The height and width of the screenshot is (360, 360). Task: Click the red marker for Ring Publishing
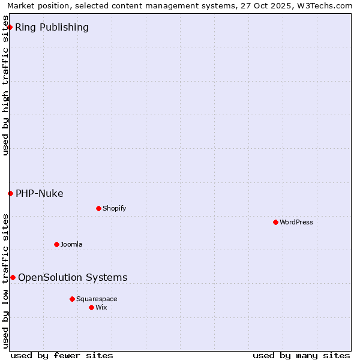point(10,27)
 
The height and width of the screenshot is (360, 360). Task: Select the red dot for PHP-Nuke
point(10,193)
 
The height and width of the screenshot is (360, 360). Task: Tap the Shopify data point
point(98,208)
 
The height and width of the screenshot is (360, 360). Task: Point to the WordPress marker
point(275,222)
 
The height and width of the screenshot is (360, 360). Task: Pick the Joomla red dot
point(56,244)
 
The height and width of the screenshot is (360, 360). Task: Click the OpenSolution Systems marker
point(13,277)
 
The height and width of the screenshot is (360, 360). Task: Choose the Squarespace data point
point(72,299)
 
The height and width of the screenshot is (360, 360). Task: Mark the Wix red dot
point(91,307)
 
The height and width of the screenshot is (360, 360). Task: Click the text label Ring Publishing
point(52,27)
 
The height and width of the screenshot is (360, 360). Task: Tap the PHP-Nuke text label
point(40,193)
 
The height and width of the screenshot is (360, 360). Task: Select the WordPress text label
point(296,222)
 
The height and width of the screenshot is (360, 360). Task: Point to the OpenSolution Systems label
point(73,277)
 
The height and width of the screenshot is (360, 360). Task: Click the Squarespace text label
point(97,299)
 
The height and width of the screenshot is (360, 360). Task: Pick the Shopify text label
point(114,208)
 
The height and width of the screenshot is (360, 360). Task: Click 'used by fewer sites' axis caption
point(62,355)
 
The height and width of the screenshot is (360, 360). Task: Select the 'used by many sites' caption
point(301,355)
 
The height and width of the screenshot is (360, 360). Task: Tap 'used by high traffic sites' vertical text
point(5,90)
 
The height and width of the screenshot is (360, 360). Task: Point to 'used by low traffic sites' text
point(5,281)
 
